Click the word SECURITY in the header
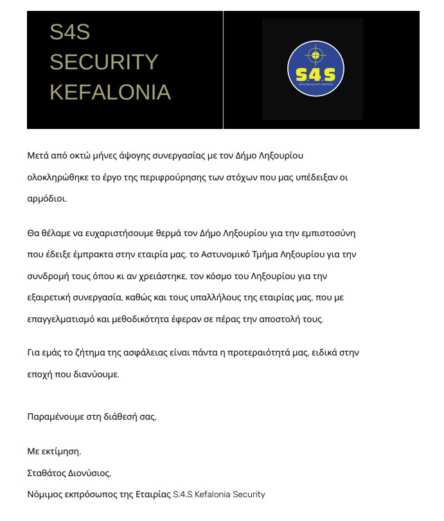tap(104, 62)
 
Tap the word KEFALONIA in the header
tap(111, 92)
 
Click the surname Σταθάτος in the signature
tap(47, 474)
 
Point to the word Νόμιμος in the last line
tap(44, 494)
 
